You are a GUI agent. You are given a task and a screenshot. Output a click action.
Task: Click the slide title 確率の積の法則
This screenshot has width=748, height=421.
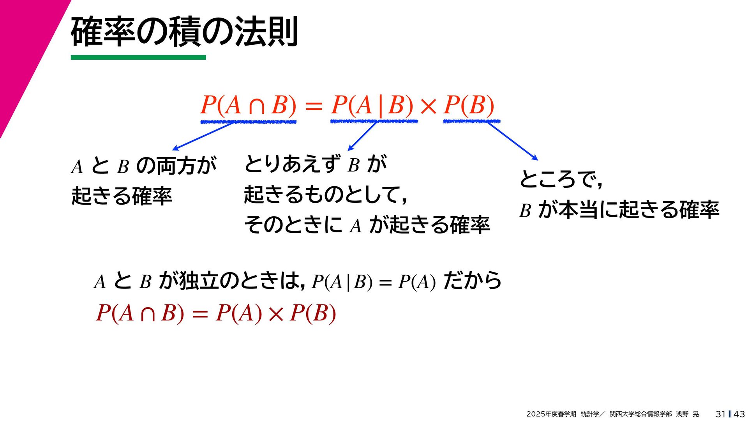click(184, 32)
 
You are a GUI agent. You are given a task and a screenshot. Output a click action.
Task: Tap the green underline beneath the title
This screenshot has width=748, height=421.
click(138, 58)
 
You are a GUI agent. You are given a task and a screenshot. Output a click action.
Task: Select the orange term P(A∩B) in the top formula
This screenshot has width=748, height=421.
click(248, 105)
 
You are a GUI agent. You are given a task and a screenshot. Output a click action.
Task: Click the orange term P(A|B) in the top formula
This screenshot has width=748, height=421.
click(372, 105)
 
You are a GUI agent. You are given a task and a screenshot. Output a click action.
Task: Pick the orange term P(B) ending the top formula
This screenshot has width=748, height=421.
click(469, 105)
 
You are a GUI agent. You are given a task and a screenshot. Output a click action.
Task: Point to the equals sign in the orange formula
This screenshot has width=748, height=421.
click(314, 106)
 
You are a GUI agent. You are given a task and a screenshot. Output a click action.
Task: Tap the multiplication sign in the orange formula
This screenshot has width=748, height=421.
click(429, 106)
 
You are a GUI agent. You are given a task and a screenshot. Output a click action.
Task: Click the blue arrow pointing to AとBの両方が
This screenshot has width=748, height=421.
click(203, 136)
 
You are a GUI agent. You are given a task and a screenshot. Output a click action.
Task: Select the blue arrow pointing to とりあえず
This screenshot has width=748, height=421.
click(362, 136)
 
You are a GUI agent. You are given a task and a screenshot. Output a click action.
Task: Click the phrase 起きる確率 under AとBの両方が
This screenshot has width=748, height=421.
click(122, 196)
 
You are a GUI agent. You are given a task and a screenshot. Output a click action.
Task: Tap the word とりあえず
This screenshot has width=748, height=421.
click(292, 164)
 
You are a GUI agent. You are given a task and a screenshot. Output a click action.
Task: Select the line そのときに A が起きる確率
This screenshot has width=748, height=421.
click(367, 225)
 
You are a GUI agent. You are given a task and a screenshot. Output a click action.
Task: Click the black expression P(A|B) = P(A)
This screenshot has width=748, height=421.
click(374, 282)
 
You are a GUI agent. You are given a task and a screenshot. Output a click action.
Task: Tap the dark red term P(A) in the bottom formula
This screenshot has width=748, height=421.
click(239, 313)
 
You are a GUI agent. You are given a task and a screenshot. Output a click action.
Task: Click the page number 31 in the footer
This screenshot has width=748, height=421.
click(720, 414)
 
